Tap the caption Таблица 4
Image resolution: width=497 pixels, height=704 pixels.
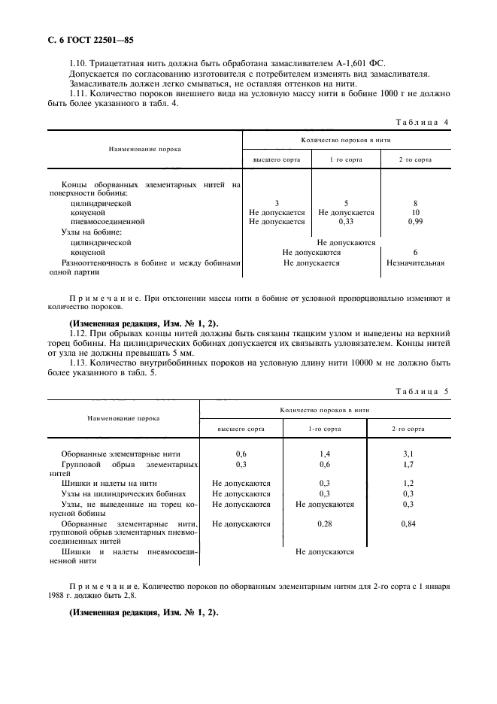click(x=422, y=122)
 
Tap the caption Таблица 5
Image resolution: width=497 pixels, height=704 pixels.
click(x=422, y=392)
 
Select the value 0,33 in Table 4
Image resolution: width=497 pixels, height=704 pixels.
click(x=346, y=223)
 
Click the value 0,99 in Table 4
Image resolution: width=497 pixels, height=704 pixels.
click(x=415, y=223)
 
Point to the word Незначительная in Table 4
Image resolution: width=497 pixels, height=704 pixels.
click(x=415, y=263)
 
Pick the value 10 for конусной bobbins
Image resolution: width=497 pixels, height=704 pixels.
click(x=415, y=213)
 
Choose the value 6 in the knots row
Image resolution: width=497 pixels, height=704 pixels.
click(x=415, y=253)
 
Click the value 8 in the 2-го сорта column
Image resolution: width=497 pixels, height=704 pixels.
click(x=415, y=203)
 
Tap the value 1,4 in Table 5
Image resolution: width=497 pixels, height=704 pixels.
click(x=325, y=454)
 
